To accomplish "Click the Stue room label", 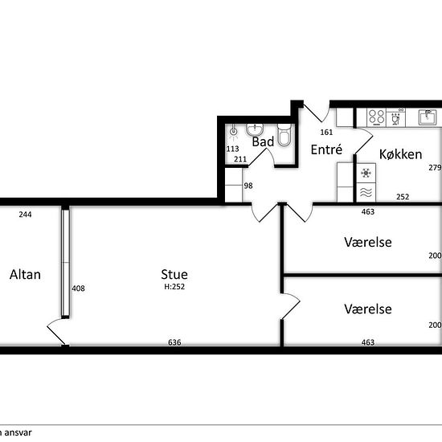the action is click(x=174, y=274).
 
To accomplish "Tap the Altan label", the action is click(x=25, y=274).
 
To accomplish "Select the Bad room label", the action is click(x=263, y=141).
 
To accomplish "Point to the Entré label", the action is click(x=326, y=149).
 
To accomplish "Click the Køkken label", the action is click(x=400, y=154).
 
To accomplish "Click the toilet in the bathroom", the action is click(x=284, y=135).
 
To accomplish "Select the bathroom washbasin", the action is click(x=255, y=129).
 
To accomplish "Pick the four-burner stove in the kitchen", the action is click(x=377, y=117).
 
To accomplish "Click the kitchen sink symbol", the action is click(x=428, y=117).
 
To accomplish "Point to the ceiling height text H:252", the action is click(x=174, y=287).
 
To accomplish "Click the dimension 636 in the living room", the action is click(x=174, y=342).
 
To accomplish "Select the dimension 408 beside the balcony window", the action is click(x=79, y=288).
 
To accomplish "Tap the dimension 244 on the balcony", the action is click(x=25, y=215).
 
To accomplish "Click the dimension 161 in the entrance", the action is click(x=326, y=132).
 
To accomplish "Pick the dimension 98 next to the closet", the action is click(x=248, y=186).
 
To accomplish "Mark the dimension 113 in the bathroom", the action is click(x=232, y=149).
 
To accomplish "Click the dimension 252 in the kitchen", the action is click(x=403, y=197).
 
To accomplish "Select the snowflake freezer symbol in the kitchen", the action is click(x=366, y=173).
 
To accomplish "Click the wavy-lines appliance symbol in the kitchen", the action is click(x=366, y=192).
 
